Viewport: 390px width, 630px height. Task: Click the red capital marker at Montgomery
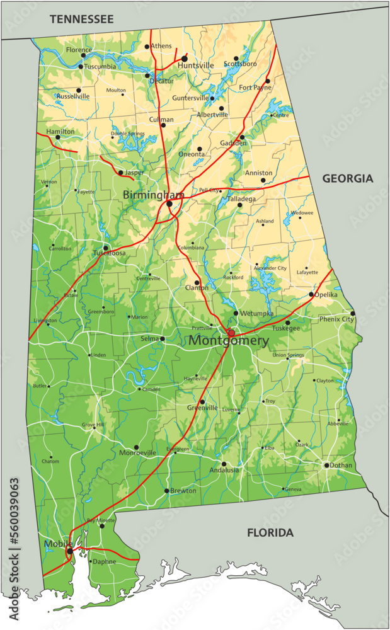click(x=231, y=333)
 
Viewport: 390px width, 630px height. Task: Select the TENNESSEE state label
click(x=82, y=20)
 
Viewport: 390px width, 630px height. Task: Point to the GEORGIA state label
click(x=348, y=178)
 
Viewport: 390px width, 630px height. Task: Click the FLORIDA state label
click(x=270, y=533)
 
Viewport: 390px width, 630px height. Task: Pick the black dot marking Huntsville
click(x=185, y=58)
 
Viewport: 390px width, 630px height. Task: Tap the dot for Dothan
click(x=327, y=466)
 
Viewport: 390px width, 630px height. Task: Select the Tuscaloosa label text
click(x=110, y=253)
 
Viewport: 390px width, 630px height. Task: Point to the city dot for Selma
click(x=163, y=338)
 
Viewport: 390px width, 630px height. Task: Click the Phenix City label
click(x=336, y=319)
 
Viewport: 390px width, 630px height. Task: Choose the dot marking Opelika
click(x=311, y=294)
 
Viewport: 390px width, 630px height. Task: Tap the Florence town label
click(x=79, y=49)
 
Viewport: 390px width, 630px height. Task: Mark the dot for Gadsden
click(x=242, y=137)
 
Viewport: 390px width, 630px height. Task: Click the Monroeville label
click(x=137, y=453)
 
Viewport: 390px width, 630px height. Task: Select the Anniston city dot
click(x=263, y=180)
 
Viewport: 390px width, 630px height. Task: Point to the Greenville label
click(x=202, y=408)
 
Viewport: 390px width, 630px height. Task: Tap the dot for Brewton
click(x=167, y=490)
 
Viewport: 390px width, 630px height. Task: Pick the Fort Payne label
click(x=255, y=88)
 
